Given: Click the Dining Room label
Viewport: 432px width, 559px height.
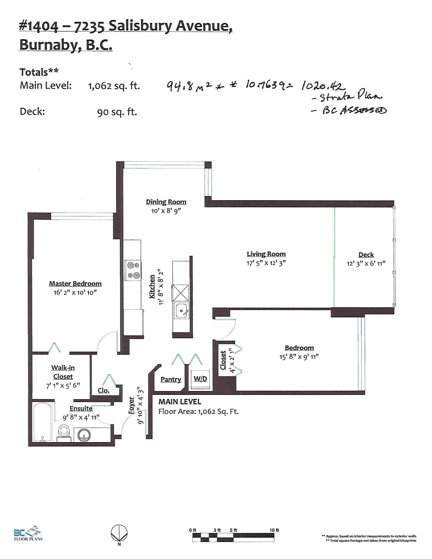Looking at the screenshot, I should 166,202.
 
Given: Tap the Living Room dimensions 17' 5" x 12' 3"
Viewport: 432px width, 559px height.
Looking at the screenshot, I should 266,263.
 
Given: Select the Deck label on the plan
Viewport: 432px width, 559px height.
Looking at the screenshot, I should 366,255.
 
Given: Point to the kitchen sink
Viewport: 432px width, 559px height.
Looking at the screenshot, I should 181,310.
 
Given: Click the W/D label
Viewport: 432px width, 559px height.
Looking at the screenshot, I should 200,379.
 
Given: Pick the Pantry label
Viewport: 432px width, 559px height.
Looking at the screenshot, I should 171,379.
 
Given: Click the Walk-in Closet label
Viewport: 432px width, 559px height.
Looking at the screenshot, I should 63,372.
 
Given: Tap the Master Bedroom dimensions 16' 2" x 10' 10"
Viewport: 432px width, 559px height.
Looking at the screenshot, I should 75,292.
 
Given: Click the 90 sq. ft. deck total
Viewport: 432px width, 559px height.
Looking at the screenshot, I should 117,112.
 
